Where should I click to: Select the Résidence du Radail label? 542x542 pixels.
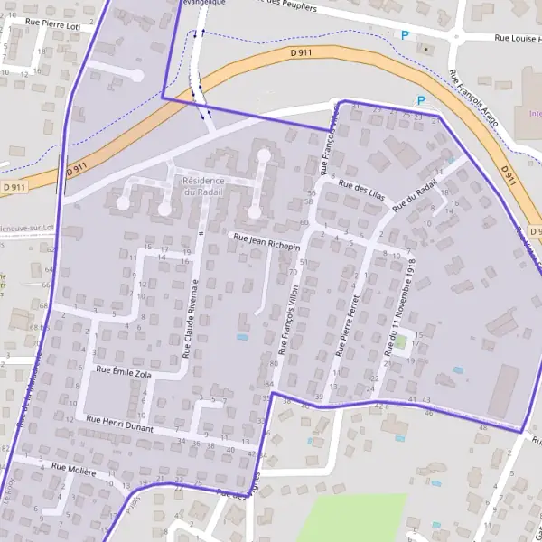[201, 185]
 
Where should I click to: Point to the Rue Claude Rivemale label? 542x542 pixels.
[192, 316]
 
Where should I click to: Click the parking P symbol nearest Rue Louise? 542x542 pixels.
[405, 35]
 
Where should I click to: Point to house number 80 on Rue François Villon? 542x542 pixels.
[274, 363]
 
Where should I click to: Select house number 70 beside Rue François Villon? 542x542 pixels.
[293, 271]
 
